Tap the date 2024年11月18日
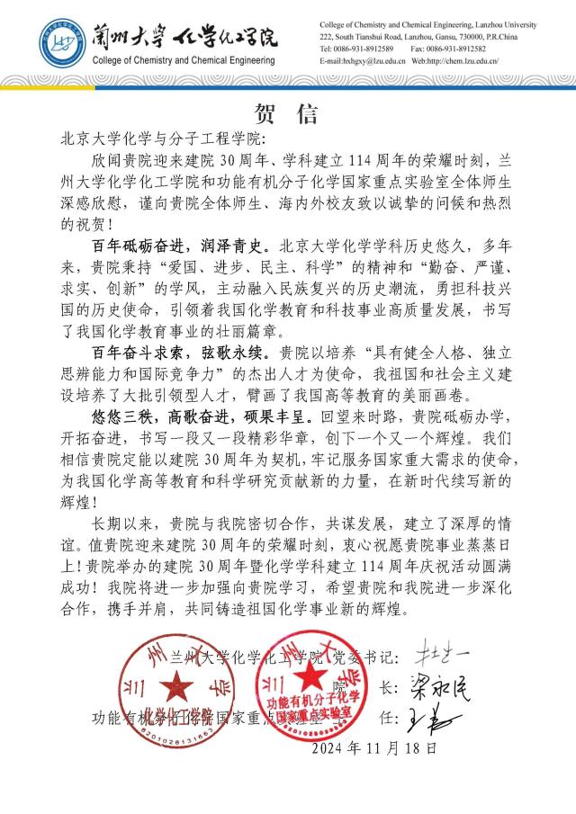coord(377,747)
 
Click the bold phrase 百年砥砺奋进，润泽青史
coord(180,268)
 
